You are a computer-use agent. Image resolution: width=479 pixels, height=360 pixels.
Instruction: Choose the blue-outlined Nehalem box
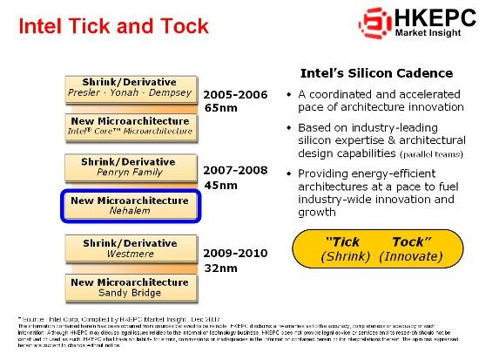[x=130, y=206]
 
